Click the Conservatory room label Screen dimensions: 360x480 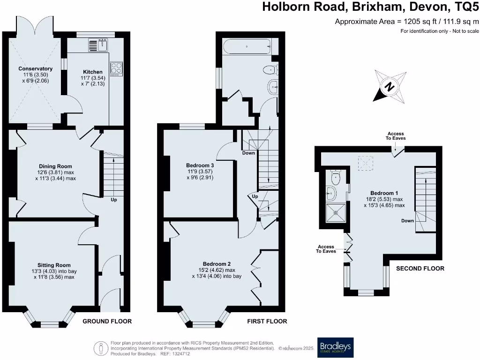[35, 69]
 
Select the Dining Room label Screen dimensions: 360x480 [55, 166]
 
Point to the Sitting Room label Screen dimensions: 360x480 [54, 265]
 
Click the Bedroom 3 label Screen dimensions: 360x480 [200, 165]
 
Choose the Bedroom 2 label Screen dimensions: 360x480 [217, 264]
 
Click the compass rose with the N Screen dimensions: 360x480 [390, 87]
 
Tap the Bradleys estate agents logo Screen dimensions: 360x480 [335, 347]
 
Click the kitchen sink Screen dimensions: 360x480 [98, 45]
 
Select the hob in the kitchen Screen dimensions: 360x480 [116, 69]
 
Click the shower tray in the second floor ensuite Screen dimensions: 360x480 [336, 211]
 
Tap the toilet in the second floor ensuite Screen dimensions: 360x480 [335, 177]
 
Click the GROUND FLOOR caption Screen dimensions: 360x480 [107, 322]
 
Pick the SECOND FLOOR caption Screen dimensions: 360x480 [420, 269]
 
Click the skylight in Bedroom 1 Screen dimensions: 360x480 [365, 163]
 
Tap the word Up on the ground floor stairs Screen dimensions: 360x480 [114, 200]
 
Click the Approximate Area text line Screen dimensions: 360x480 [407, 21]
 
